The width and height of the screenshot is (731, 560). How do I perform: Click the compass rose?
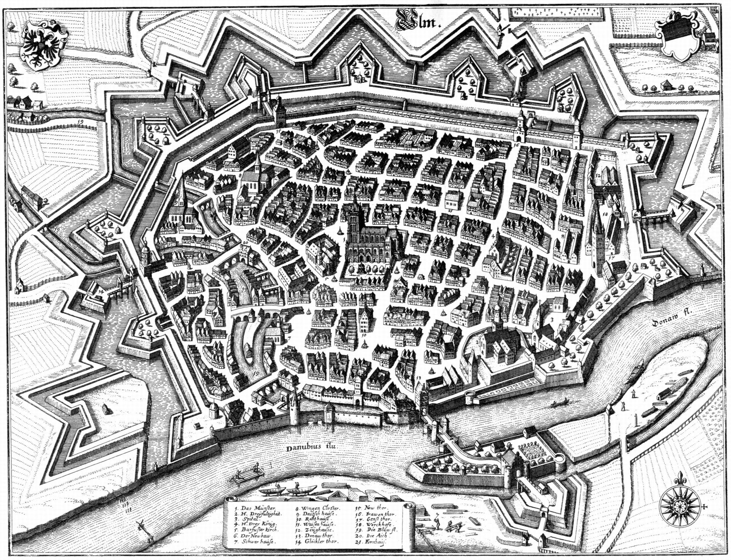coord(680,506)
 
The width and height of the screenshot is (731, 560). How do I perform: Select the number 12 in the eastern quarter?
coord(598,176)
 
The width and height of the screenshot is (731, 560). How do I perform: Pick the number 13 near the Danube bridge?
coord(418,378)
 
